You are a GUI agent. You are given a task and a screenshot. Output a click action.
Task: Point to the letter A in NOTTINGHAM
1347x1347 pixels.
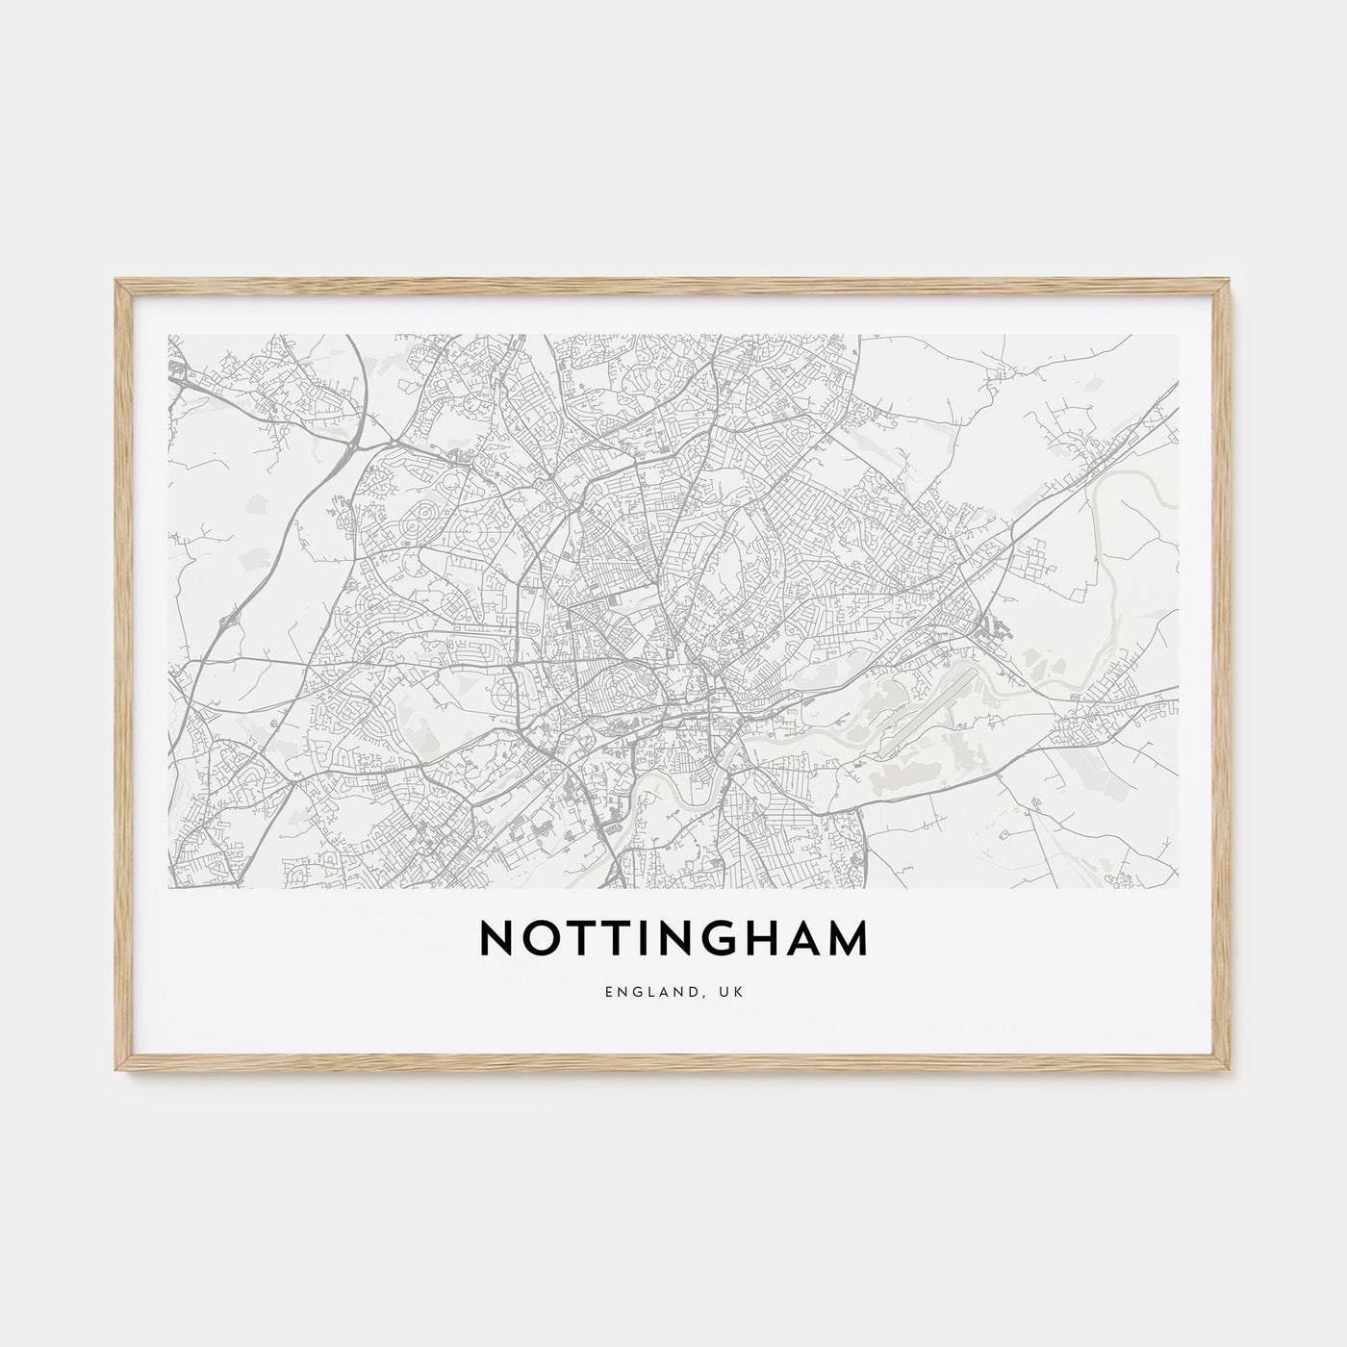(799, 939)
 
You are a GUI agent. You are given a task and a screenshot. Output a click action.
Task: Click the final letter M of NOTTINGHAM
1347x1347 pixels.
(847, 939)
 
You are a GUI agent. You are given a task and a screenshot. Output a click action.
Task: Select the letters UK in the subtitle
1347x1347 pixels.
(732, 991)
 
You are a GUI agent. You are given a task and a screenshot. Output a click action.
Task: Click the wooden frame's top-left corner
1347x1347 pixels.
(118, 282)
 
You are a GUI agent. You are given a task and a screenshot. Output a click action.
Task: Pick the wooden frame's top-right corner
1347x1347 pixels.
(1229, 282)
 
